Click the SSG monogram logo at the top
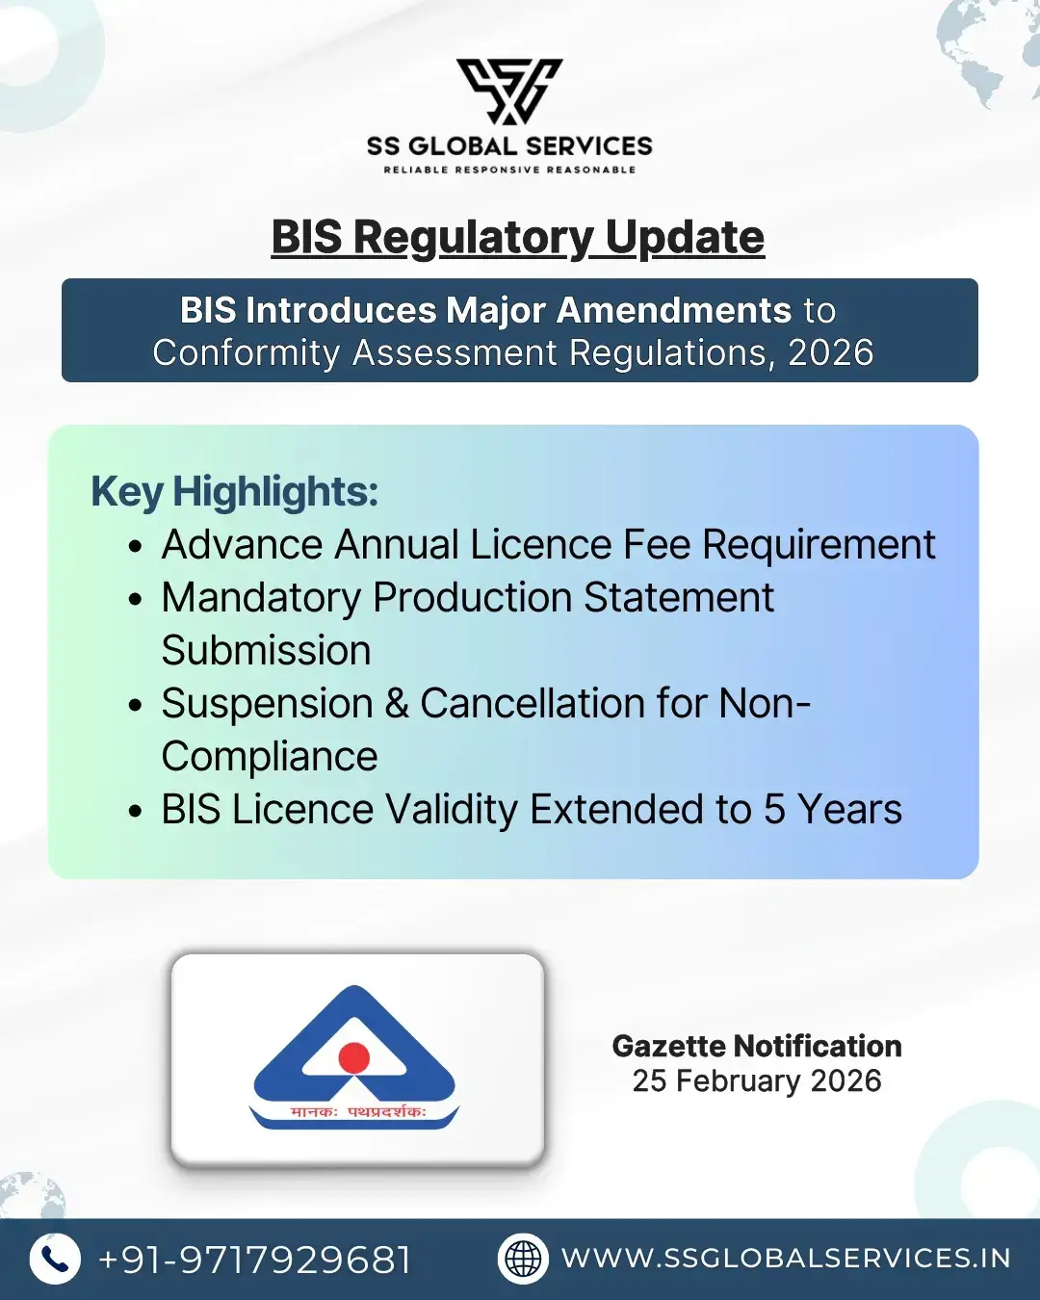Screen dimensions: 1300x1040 [509, 91]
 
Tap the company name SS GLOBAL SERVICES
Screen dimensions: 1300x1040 [509, 146]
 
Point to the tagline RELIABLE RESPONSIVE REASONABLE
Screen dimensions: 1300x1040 [509, 170]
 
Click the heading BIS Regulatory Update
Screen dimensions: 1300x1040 [518, 237]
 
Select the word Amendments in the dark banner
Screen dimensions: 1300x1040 [674, 311]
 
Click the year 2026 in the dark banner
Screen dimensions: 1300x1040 [830, 353]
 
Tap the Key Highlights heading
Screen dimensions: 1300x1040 [234, 492]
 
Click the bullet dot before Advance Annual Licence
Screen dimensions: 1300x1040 [136, 547]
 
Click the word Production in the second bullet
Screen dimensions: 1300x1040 [473, 598]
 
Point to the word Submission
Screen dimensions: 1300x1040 [266, 651]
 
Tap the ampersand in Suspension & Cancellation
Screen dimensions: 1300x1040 [397, 704]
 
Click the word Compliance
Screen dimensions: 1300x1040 [270, 757]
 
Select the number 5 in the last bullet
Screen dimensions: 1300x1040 [774, 810]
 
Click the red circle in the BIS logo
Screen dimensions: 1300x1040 [354, 1057]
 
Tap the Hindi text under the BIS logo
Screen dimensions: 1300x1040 [357, 1112]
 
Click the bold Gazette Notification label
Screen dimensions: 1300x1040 [757, 1047]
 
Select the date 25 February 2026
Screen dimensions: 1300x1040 [757, 1081]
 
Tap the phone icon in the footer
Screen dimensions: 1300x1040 [55, 1259]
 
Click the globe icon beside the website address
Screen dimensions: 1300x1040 [523, 1259]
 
